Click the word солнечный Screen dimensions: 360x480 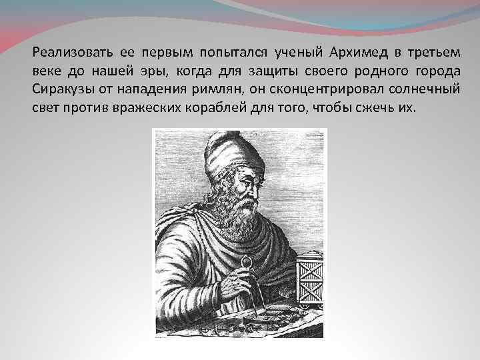click(x=420, y=90)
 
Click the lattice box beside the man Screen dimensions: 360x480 click(x=309, y=280)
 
